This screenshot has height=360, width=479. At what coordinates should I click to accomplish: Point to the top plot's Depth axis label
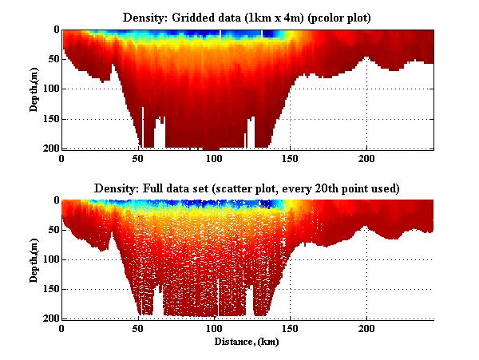point(34,89)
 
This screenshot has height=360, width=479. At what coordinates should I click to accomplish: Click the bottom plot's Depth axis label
point(34,259)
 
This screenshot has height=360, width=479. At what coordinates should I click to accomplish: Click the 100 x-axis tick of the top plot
point(214,160)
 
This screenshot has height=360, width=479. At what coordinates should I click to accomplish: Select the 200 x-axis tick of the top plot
point(366,160)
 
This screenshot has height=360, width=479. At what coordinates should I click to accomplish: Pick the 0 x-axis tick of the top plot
point(62,160)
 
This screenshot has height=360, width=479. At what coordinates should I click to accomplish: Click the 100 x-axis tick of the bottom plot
point(214,329)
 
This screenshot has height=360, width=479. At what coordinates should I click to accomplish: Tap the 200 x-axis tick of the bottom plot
point(366,329)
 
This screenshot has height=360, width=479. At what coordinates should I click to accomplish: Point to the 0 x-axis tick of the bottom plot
point(62,329)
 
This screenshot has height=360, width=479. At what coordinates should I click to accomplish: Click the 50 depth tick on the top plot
point(52,59)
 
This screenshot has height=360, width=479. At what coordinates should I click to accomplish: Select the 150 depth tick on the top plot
point(49,119)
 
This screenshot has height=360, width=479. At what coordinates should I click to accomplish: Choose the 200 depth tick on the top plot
point(49,148)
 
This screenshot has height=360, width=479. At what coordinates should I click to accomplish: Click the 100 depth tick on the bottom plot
point(49,259)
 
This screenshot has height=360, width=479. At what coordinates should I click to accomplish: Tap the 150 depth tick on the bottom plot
point(49,288)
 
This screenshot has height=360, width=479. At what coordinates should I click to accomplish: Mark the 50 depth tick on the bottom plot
point(52,229)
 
